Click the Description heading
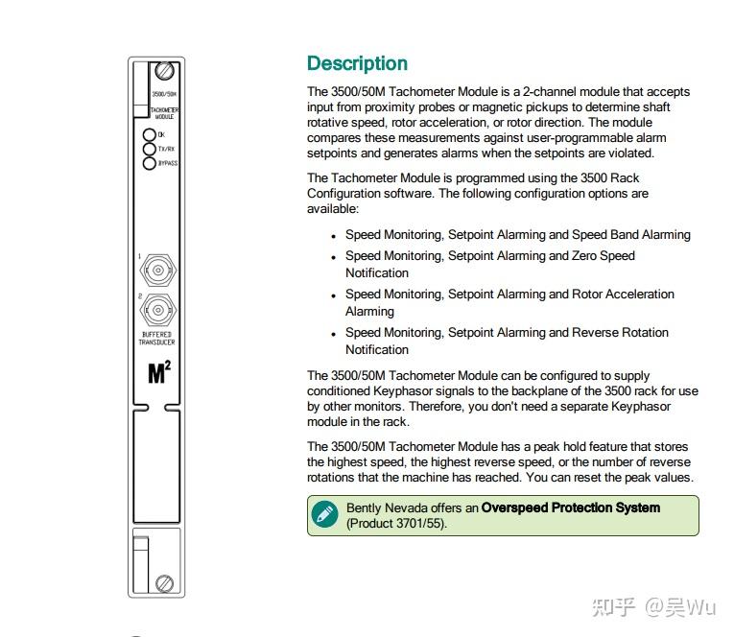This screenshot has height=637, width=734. coord(357,64)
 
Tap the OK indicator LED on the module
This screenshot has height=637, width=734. coord(150,135)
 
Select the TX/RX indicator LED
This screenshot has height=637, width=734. coord(150,150)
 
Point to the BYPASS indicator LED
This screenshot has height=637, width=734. coord(150,164)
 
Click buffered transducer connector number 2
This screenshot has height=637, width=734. coord(157,310)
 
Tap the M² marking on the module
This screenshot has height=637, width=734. coord(159,373)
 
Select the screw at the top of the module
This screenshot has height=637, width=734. coord(165,72)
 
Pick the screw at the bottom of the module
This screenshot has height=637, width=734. coord(165,581)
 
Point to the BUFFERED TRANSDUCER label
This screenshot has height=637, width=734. coord(157,339)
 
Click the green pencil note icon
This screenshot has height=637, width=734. coord(326,514)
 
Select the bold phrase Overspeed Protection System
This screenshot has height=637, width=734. coord(570,507)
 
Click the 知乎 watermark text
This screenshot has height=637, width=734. coord(613,606)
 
